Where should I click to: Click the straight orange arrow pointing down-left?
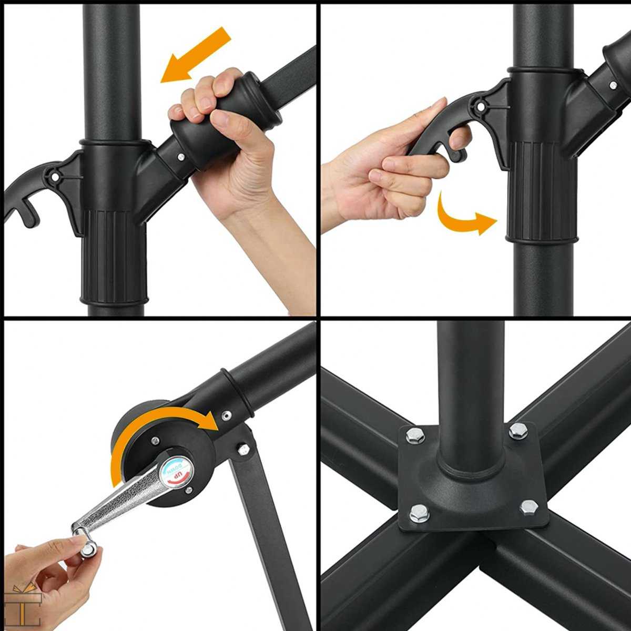pyautogui.click(x=196, y=55)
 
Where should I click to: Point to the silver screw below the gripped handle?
pyautogui.click(x=180, y=157)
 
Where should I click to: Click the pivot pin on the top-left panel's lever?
pyautogui.click(x=55, y=177)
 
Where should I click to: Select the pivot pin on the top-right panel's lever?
pyautogui.click(x=481, y=107)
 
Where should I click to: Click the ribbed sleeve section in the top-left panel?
pyautogui.click(x=114, y=257)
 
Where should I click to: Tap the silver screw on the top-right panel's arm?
pyautogui.click(x=613, y=85)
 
